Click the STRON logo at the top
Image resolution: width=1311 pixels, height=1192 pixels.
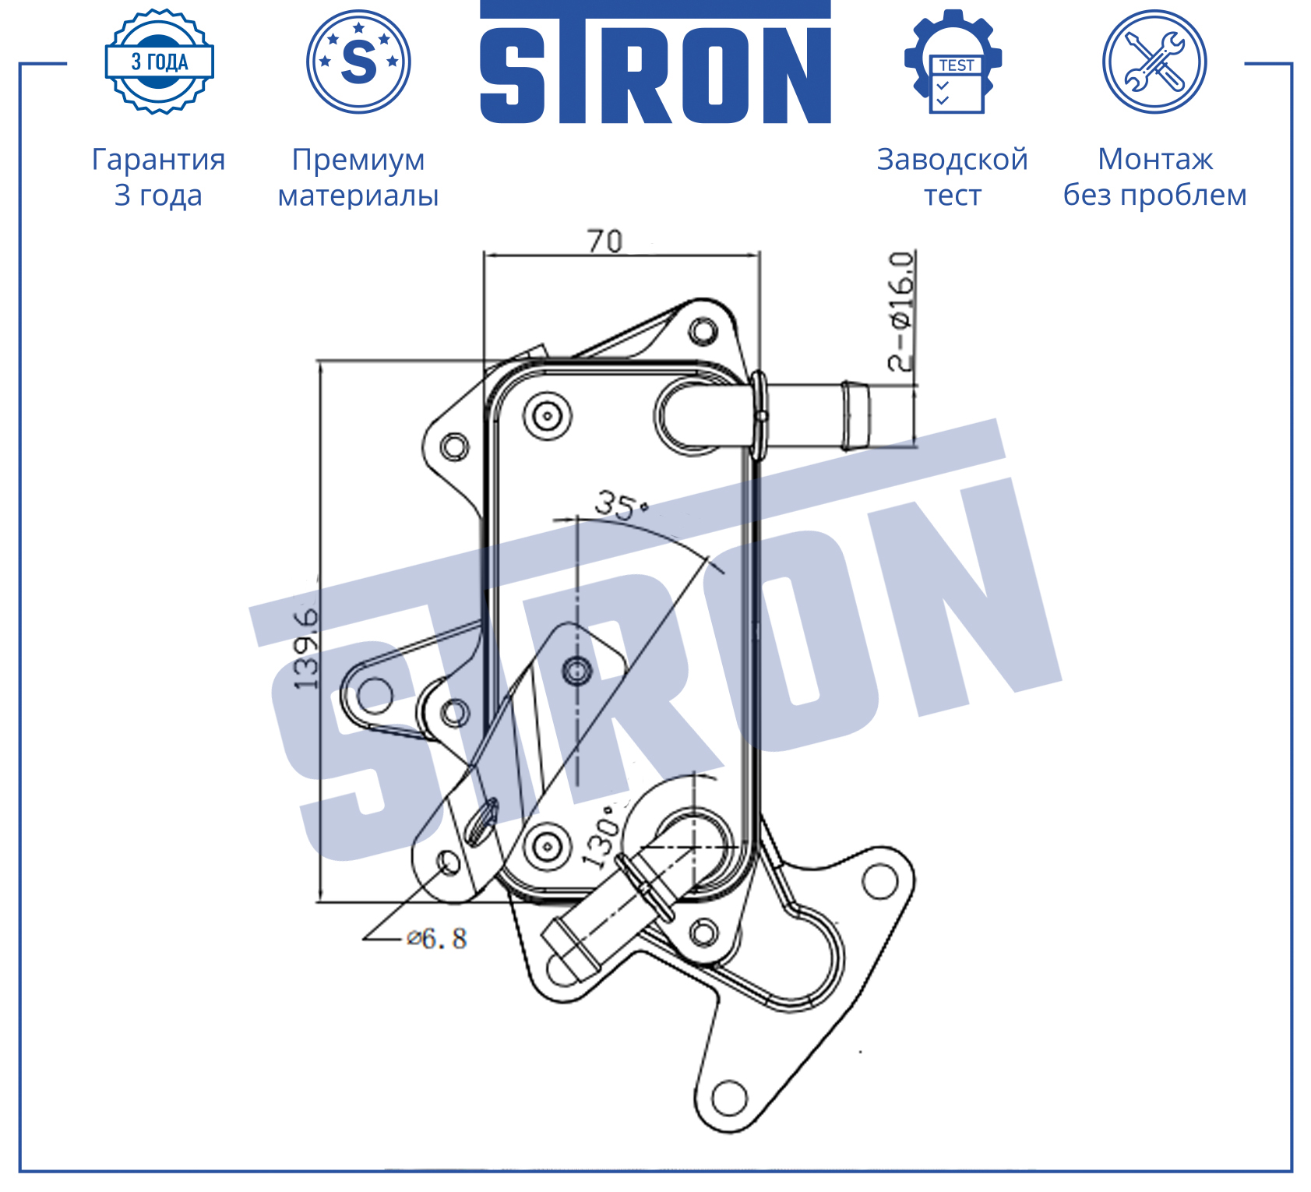(655, 62)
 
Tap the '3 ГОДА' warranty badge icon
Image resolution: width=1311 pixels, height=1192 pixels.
(160, 62)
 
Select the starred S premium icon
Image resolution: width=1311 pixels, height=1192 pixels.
(358, 62)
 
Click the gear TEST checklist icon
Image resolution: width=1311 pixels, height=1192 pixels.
(953, 62)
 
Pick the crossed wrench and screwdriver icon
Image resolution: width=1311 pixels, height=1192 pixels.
(1154, 62)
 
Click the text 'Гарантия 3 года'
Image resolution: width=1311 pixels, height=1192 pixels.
(159, 177)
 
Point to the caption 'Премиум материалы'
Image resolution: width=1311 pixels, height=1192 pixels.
(358, 177)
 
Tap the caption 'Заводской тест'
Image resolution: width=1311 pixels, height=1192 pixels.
(953, 177)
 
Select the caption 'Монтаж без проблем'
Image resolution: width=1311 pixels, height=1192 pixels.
(1155, 177)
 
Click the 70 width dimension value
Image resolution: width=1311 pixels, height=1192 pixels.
(605, 242)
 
